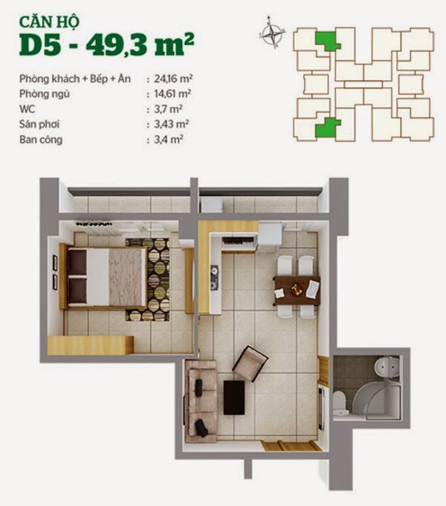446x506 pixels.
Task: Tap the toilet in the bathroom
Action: coord(340,402)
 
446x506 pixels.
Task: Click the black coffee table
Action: coord(234,398)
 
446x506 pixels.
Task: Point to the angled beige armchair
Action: coord(250,363)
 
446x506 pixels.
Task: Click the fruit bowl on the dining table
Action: coord(297,289)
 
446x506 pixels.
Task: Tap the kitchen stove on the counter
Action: coord(214,277)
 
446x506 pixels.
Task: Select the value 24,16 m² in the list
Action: coord(173,79)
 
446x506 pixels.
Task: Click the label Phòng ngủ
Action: coord(45,94)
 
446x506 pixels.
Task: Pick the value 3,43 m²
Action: coord(171,124)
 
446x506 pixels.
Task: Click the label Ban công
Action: coord(41,140)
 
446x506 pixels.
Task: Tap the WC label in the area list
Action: coord(27,109)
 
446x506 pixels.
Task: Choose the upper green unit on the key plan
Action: coord(327,40)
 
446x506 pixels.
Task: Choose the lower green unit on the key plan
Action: coord(326,127)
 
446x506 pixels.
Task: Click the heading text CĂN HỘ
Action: coord(49,22)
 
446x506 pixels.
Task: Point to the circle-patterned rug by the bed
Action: coord(147,279)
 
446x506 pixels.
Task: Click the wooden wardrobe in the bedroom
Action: coord(91,346)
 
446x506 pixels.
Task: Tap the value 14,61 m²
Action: coord(172,94)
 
